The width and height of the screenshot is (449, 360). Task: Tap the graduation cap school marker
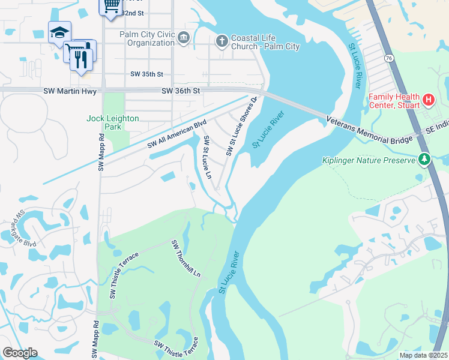(x=59, y=32)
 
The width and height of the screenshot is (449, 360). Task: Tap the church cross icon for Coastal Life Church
(x=221, y=40)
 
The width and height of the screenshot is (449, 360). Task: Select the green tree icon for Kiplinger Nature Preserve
(x=424, y=160)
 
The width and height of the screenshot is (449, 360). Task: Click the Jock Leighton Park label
(x=113, y=122)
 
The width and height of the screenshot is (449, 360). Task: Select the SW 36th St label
(x=180, y=91)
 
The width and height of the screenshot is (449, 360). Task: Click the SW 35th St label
(x=146, y=74)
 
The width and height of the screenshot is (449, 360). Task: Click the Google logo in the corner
(x=20, y=352)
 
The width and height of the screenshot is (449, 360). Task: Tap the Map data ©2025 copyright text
(x=423, y=355)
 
